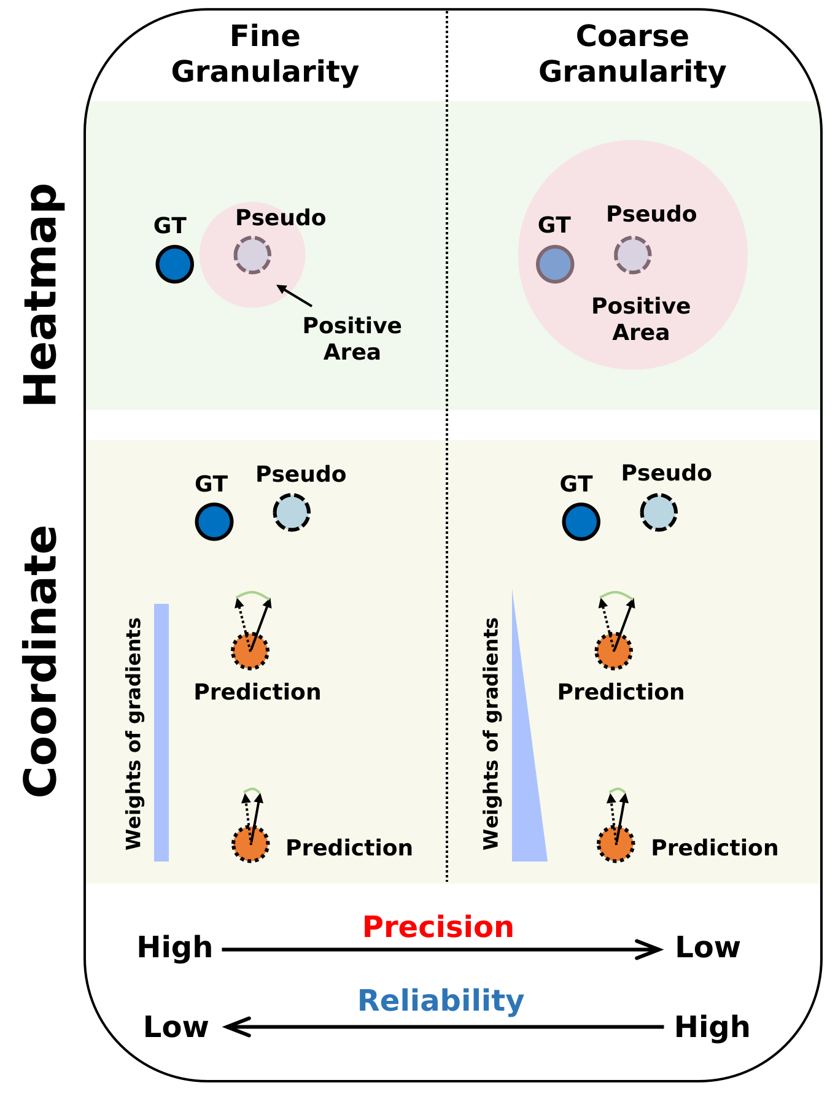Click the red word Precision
(x=438, y=927)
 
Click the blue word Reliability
(x=441, y=1000)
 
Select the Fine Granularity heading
(x=265, y=54)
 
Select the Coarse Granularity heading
(x=632, y=54)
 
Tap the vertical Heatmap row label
(x=41, y=295)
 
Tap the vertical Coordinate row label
(x=41, y=661)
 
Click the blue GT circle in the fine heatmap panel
(x=174, y=264)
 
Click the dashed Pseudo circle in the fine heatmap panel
(x=252, y=255)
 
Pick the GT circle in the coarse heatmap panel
(x=555, y=264)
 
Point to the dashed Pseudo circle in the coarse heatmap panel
(x=632, y=255)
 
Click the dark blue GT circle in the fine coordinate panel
(x=214, y=522)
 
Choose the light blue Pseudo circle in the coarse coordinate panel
(x=658, y=512)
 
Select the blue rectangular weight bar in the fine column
(x=161, y=732)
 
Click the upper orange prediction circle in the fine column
(x=250, y=651)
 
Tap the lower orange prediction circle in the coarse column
(x=615, y=844)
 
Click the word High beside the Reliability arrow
(x=712, y=1027)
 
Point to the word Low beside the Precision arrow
(x=707, y=947)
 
